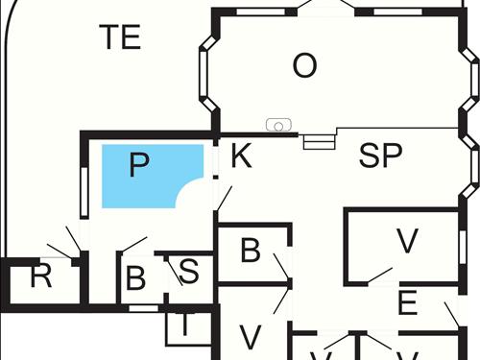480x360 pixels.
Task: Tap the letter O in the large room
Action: (x=304, y=66)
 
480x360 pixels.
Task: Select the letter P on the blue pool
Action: (x=139, y=166)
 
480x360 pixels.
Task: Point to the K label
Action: (x=241, y=156)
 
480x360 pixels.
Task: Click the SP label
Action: (x=380, y=156)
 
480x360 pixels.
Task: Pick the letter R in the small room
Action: (x=40, y=277)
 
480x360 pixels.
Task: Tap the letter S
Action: (x=189, y=272)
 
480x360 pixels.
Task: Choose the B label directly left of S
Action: (x=136, y=278)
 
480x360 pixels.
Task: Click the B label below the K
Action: (x=250, y=252)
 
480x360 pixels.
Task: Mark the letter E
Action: (x=408, y=304)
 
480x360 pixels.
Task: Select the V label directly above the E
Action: (x=407, y=242)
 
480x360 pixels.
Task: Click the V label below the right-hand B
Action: (x=250, y=337)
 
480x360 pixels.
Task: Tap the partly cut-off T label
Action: (x=185, y=326)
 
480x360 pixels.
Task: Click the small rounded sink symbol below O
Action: (x=277, y=125)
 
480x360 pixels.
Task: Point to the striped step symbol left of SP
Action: (x=317, y=141)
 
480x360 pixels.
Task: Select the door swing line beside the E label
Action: (x=451, y=314)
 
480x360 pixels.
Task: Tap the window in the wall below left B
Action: (x=142, y=307)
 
